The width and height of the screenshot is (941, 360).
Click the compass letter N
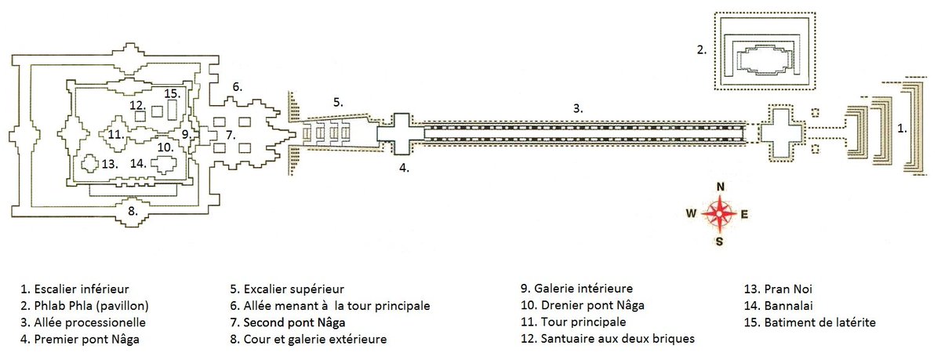pyautogui.click(x=721, y=186)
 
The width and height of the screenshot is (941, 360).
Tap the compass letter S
pyautogui.click(x=720, y=241)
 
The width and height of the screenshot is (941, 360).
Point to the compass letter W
pyautogui.click(x=691, y=213)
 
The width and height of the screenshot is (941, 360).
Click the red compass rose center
pyautogui.click(x=720, y=213)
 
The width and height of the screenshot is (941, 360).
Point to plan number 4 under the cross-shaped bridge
pyautogui.click(x=404, y=167)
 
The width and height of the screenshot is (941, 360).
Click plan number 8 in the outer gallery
pyautogui.click(x=133, y=210)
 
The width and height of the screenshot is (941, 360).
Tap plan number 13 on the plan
pyautogui.click(x=109, y=164)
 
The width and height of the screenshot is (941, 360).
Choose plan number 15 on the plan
pyautogui.click(x=173, y=94)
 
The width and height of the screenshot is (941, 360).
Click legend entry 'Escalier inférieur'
pyautogui.click(x=74, y=289)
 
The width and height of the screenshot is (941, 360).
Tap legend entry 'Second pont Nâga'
pyautogui.click(x=294, y=322)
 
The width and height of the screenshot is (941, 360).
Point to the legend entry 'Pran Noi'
pyautogui.click(x=777, y=289)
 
